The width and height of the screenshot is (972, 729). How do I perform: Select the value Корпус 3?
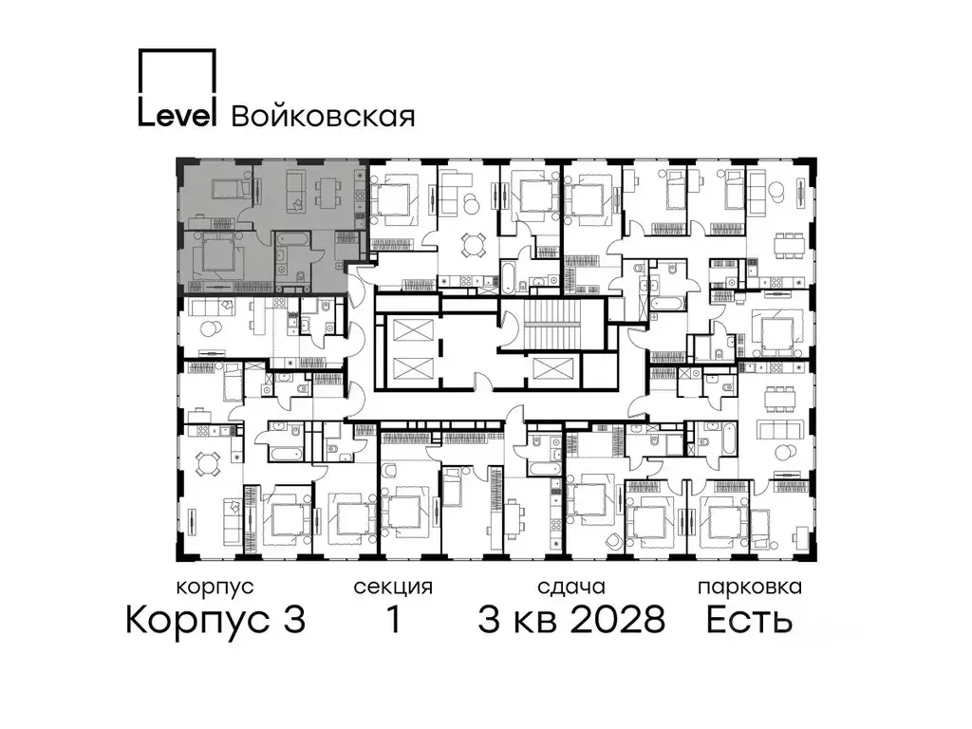[215, 621]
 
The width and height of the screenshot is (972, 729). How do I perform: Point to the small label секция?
[393, 587]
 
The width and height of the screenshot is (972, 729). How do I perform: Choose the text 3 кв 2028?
[570, 621]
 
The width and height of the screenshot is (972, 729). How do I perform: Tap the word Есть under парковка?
[749, 621]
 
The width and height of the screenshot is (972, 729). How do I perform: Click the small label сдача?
[570, 587]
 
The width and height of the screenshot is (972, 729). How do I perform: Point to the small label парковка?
[749, 587]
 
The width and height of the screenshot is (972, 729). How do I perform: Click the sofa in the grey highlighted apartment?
[293, 189]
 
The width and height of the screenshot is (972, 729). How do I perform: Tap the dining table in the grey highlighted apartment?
[327, 189]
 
